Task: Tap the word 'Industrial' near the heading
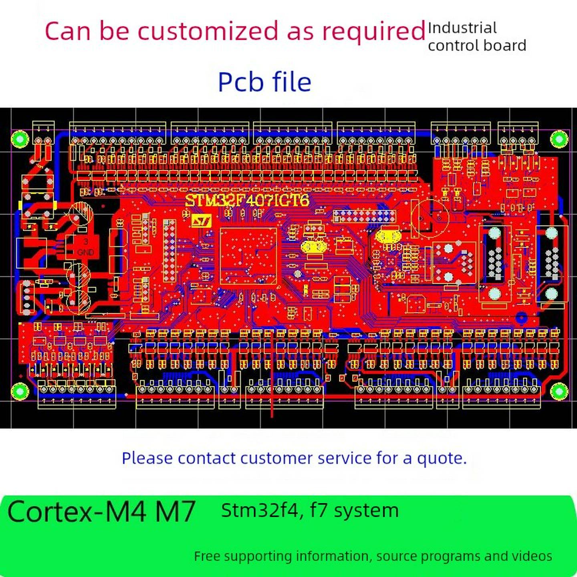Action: coord(462,28)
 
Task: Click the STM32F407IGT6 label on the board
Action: coord(247,200)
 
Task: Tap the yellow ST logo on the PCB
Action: coord(201,221)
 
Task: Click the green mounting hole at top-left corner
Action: coord(19,139)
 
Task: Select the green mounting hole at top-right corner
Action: coord(559,139)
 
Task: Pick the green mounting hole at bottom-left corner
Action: coord(19,391)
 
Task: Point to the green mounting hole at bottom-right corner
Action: coord(559,391)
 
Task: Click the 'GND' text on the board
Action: coord(85,252)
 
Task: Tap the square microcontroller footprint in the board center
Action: coord(248,256)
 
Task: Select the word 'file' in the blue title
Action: coord(292,82)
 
